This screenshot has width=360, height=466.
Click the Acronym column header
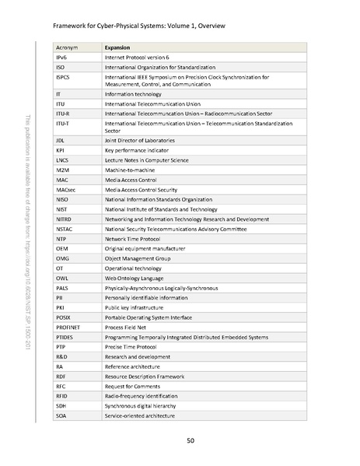tap(68, 47)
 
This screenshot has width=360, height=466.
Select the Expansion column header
tap(117, 47)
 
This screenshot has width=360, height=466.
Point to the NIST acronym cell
tap(63, 208)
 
